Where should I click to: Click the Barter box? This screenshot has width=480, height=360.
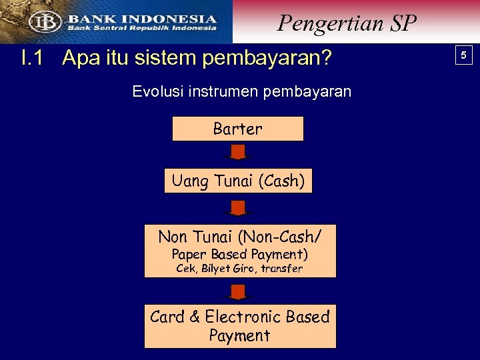tap(237, 129)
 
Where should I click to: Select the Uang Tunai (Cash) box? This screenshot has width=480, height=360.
tap(238, 181)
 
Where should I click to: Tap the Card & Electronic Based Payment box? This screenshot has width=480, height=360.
tap(240, 326)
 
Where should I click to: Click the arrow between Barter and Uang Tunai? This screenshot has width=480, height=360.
tap(238, 152)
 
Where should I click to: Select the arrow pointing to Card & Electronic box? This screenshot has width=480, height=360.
tap(238, 291)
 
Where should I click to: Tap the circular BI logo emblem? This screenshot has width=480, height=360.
tap(45, 21)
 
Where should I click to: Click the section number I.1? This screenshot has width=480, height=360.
tap(32, 59)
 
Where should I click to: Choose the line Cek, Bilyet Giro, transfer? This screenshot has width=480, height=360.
tap(239, 269)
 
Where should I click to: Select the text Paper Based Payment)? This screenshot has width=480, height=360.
tap(240, 254)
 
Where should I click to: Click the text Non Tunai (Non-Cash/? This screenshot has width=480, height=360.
tap(240, 236)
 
